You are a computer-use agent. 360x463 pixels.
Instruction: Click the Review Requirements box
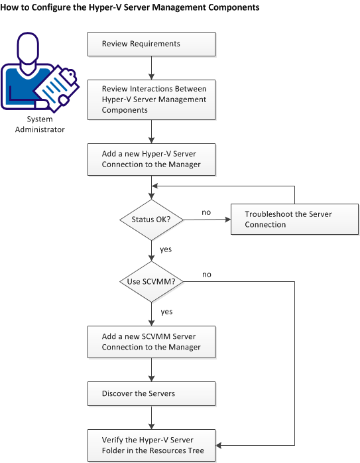tap(152, 44)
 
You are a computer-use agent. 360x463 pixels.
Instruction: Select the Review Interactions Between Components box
tap(152, 99)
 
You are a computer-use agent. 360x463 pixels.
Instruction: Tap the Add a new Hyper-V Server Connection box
tap(152, 159)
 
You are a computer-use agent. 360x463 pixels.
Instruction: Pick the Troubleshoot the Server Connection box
tap(294, 220)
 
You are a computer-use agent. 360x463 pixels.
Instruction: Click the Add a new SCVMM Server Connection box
tap(152, 342)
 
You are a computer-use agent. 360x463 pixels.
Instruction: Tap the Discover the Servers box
tap(152, 393)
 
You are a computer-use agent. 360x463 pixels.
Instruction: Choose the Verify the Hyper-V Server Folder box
tap(152, 444)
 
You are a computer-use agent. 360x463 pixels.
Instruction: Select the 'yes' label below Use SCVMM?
tap(166, 310)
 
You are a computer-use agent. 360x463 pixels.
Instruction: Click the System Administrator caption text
tap(46, 124)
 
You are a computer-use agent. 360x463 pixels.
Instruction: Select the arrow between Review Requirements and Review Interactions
tap(152, 66)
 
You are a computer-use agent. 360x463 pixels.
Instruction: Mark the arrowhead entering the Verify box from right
tap(221, 445)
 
